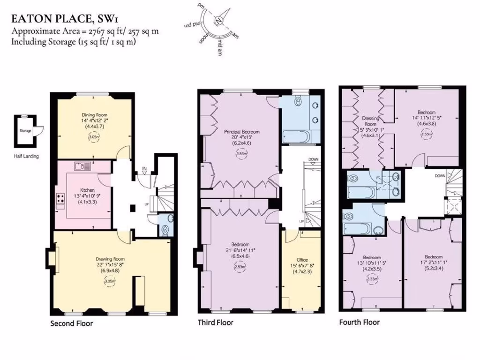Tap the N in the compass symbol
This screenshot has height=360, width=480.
coord(218,21)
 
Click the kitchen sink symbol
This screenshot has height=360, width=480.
coord(82,166)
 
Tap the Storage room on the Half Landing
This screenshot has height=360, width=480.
coord(25,131)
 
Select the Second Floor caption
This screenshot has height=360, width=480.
coord(71,323)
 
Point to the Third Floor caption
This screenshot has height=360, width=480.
coord(215,322)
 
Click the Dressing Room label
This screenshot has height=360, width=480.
coord(370,121)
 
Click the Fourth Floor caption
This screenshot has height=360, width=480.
coord(360,322)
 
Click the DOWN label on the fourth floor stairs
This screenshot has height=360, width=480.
coord(440,176)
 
